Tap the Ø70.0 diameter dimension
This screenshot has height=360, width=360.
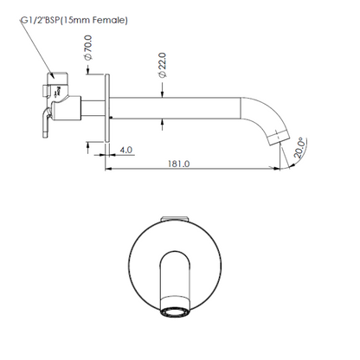click(x=87, y=48)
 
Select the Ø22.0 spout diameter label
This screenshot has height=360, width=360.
click(x=162, y=65)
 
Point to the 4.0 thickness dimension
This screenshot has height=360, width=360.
click(x=125, y=150)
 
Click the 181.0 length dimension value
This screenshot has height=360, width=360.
click(x=179, y=164)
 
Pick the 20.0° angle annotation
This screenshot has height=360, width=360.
click(x=299, y=147)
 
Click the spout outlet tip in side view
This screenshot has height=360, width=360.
click(x=279, y=138)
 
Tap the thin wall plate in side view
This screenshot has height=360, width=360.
click(x=107, y=108)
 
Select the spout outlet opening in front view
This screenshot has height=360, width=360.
click(x=175, y=312)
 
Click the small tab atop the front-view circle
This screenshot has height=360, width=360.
click(x=175, y=219)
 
